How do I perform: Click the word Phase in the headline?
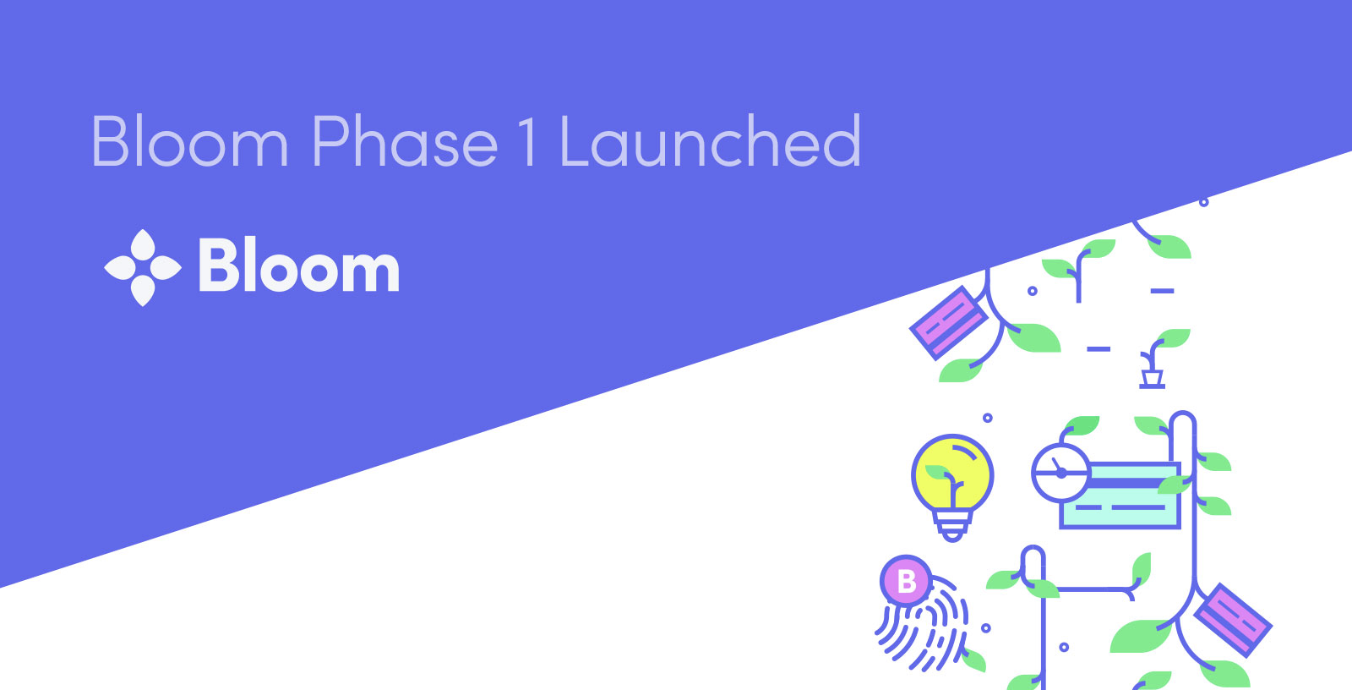(x=405, y=141)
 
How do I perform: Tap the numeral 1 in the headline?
(x=527, y=141)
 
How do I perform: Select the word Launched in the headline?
(x=711, y=141)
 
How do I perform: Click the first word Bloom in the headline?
(x=189, y=141)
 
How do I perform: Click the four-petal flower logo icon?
(x=143, y=268)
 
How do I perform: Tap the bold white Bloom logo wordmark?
(x=299, y=266)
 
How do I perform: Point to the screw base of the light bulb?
(x=952, y=527)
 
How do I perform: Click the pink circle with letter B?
(x=906, y=580)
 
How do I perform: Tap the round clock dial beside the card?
(x=1060, y=473)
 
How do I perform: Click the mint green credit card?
(x=1120, y=496)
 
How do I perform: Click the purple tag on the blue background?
(x=948, y=322)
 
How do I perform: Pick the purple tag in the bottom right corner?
(x=1233, y=620)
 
